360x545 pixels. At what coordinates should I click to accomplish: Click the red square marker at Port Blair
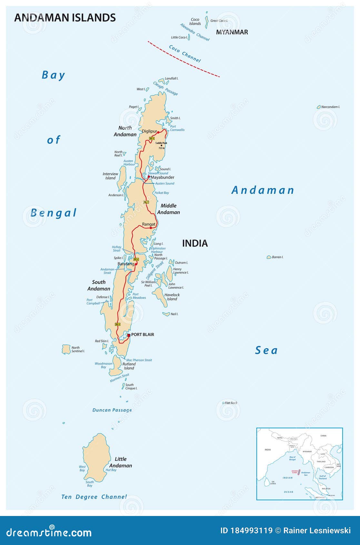[x=129, y=335]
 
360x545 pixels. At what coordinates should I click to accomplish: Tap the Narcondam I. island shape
[x=319, y=107]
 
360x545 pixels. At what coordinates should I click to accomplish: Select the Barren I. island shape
[x=269, y=257]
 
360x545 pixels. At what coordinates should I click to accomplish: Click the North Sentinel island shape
[x=66, y=349]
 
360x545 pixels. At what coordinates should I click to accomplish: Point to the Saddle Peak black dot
[x=161, y=145]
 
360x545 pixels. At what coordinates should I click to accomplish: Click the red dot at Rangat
[x=151, y=228]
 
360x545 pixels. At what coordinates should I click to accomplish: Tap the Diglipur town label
[x=149, y=131]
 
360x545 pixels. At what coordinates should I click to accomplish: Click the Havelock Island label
[x=172, y=297]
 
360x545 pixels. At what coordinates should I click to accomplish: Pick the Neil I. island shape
[x=166, y=314]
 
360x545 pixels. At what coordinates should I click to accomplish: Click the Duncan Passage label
[x=112, y=410]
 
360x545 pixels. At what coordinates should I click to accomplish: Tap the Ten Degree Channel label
[x=94, y=497]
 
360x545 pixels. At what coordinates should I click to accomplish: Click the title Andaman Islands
[x=65, y=17]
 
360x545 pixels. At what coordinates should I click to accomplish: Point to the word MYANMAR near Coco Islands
[x=232, y=32]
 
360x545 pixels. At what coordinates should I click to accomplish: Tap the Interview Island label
[x=110, y=176]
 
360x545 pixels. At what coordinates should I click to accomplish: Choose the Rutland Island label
[x=129, y=366]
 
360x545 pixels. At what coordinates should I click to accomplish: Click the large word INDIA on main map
[x=195, y=243]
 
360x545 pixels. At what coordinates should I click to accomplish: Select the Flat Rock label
[x=231, y=403]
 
